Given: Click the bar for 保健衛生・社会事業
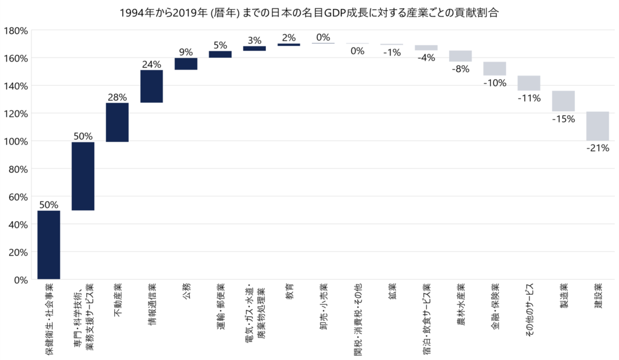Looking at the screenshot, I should (48, 245).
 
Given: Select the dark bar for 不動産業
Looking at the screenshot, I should (117, 122).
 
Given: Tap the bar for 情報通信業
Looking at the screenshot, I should (152, 86).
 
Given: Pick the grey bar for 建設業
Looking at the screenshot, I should (597, 126).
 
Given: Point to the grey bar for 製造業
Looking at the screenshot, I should (563, 101).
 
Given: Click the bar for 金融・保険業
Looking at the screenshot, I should (494, 68).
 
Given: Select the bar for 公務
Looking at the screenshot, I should (186, 63).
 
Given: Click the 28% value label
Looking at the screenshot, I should (117, 97).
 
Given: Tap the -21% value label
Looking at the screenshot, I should (597, 147).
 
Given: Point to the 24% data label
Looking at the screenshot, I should (152, 65).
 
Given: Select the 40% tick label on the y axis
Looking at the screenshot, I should (18, 225).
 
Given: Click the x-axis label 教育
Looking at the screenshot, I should (289, 294).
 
